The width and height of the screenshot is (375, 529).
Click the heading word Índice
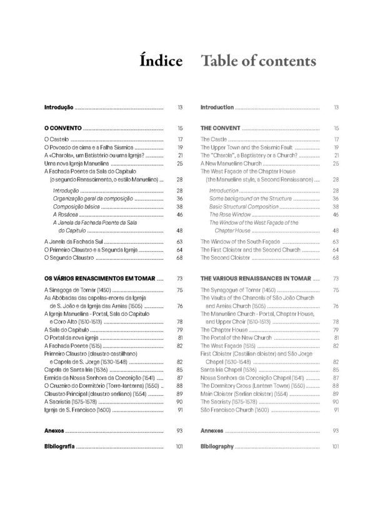(x=161, y=61)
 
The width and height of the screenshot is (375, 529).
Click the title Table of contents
(x=257, y=61)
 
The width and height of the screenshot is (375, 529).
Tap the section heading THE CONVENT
(x=220, y=128)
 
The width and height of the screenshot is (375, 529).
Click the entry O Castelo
(x=56, y=139)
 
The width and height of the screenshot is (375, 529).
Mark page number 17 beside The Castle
(x=336, y=139)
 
